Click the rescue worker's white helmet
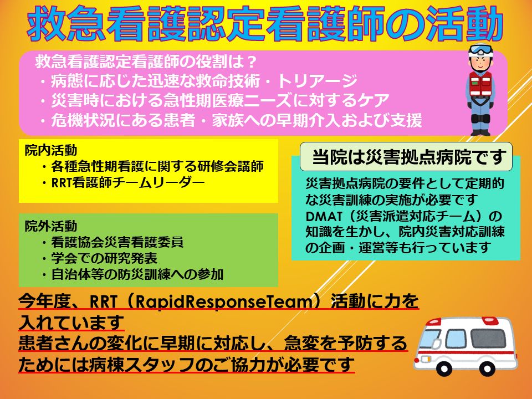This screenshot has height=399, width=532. click(x=480, y=51)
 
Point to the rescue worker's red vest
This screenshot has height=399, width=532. click(x=481, y=84)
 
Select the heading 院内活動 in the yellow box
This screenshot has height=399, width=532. click(x=51, y=150)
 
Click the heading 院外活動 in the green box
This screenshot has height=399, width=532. click(x=51, y=226)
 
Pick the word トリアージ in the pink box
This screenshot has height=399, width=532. click(x=317, y=81)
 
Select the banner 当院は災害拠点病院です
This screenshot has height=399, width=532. click(x=406, y=157)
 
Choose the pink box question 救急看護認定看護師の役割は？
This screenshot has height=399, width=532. click(x=146, y=62)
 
